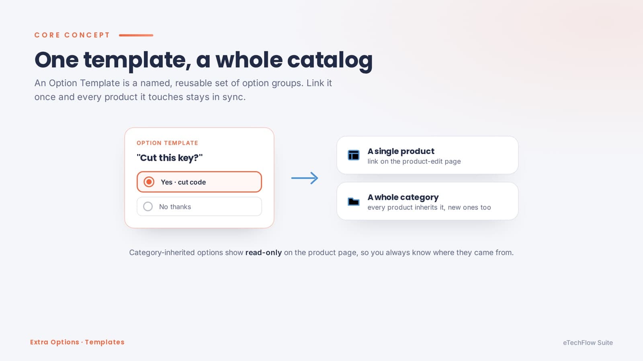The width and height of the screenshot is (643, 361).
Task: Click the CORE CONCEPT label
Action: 72,35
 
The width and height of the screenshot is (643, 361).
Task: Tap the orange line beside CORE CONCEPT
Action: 136,35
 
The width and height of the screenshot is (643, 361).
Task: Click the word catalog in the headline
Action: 330,60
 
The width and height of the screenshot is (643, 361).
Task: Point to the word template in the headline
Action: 137,61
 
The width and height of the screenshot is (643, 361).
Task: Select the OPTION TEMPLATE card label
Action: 167,143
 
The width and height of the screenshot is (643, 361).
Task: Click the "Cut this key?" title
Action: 170,158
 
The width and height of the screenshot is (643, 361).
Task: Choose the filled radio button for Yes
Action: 149,182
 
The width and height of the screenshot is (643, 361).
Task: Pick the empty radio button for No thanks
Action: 148,206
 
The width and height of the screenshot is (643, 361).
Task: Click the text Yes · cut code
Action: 183,182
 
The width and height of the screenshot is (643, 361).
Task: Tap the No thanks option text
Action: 175,207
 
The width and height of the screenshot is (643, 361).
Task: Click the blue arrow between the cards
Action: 305,178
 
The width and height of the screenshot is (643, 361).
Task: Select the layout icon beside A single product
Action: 353,155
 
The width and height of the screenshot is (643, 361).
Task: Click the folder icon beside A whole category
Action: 353,201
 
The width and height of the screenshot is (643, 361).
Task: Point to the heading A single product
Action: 401,151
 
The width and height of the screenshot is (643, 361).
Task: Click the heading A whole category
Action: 403,197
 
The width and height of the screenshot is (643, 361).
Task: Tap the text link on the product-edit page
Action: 414,161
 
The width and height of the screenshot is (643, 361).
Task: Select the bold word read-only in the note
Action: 264,252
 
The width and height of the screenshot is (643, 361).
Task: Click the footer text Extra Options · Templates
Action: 77,342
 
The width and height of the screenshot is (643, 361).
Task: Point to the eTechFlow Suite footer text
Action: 588,343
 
